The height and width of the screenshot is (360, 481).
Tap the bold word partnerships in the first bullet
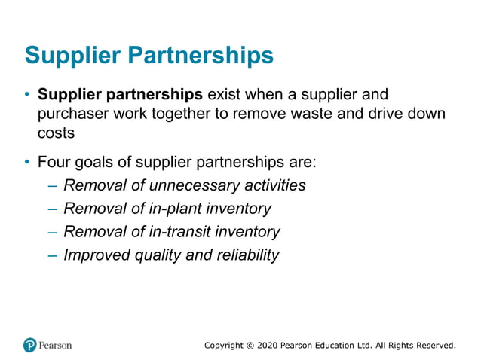[158, 96]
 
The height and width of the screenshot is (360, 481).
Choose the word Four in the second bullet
[54, 162]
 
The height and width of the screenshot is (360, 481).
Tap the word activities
[272, 185]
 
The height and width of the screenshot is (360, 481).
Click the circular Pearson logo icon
[30, 345]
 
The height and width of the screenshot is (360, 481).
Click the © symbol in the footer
[250, 346]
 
